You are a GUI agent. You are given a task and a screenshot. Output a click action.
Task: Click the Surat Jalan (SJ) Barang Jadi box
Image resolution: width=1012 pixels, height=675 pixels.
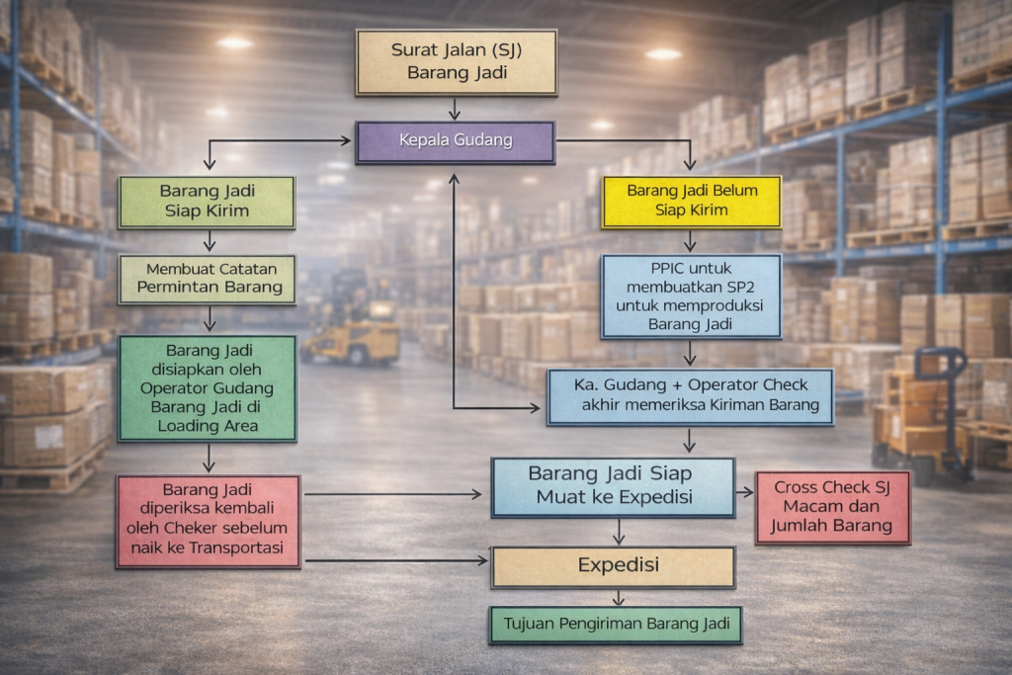[x=457, y=61]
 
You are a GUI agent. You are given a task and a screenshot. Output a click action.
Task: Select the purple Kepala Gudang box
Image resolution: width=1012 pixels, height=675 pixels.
[x=455, y=141]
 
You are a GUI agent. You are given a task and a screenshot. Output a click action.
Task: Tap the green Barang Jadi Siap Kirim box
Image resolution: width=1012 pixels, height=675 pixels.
[x=206, y=202]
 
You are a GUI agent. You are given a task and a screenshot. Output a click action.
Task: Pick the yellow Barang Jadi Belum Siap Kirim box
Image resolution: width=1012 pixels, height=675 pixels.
[x=691, y=202]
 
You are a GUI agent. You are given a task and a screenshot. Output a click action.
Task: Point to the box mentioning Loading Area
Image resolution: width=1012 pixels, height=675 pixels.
[x=207, y=387]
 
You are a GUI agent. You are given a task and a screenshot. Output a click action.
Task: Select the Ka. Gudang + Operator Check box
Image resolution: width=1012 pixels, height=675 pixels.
[x=690, y=396]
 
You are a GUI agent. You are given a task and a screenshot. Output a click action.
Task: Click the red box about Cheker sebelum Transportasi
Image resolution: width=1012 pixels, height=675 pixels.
[x=208, y=521]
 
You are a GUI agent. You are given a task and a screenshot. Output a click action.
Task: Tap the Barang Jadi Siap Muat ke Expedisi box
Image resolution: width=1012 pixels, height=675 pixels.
[x=613, y=487]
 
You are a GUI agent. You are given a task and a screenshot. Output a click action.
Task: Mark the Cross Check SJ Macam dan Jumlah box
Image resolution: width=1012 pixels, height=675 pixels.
[x=832, y=507]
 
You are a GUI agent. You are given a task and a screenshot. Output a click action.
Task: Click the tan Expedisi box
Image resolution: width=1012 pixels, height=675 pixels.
[x=613, y=566]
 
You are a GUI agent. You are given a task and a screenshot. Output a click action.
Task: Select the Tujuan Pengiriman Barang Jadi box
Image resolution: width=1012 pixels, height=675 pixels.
[x=615, y=625]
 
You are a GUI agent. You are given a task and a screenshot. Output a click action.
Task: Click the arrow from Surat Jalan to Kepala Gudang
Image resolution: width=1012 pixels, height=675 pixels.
[x=455, y=109]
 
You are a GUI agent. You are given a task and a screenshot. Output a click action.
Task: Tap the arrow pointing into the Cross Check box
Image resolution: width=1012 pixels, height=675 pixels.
[x=744, y=491]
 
